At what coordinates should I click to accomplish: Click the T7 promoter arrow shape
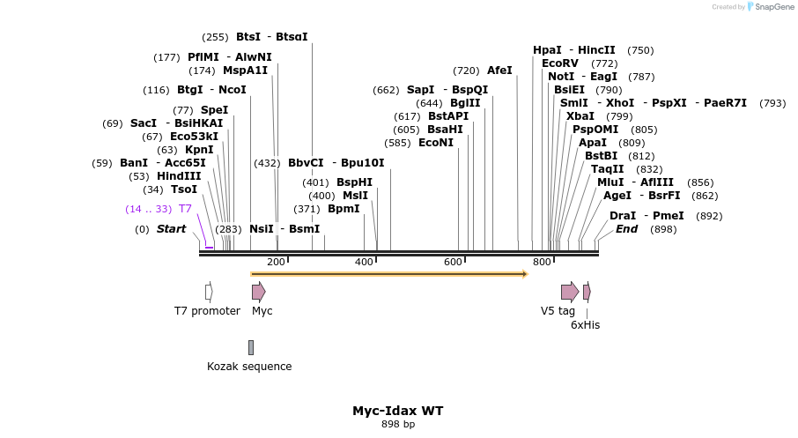click(209, 292)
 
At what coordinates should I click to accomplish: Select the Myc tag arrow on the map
click(258, 292)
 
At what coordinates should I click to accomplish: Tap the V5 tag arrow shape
click(570, 292)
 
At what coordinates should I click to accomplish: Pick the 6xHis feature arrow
click(587, 292)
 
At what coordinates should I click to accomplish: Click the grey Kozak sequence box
click(251, 347)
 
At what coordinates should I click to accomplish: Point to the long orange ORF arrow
click(388, 274)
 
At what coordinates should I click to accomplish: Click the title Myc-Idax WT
click(398, 411)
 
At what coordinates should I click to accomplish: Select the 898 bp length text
click(398, 425)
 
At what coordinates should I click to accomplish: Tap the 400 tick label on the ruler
click(364, 262)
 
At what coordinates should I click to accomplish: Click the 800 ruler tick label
click(542, 262)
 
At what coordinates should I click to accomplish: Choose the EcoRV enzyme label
click(560, 63)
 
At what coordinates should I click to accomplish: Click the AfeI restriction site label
click(499, 71)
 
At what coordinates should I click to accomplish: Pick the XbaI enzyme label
click(580, 116)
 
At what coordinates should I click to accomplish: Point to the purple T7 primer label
click(185, 209)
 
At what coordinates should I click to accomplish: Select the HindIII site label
click(179, 176)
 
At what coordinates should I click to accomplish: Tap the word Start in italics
click(171, 229)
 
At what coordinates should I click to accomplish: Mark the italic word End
click(626, 229)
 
